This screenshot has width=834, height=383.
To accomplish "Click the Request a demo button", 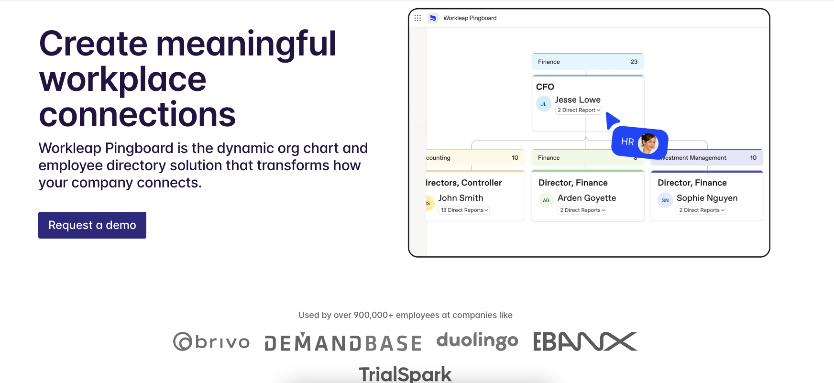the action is [92, 225].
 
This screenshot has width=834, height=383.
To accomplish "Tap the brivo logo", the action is [211, 341].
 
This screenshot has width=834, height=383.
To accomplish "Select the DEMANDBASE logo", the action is [343, 342].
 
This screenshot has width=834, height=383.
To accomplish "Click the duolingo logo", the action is [477, 340].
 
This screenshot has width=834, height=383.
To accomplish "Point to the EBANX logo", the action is [585, 341].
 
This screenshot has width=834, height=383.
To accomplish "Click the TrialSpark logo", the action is [405, 374].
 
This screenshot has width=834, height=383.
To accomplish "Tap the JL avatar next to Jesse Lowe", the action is [544, 104].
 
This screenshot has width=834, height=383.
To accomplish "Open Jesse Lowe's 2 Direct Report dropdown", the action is [579, 110].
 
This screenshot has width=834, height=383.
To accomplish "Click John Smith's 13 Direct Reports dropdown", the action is [464, 210].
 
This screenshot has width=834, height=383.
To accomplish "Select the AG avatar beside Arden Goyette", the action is [546, 200].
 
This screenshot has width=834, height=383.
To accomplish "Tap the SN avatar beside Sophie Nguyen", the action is [665, 200].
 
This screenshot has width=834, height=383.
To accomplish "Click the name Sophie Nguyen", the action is [707, 198].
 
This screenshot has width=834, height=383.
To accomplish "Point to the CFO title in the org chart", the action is [545, 87].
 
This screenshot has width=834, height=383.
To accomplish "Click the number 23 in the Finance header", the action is [634, 62].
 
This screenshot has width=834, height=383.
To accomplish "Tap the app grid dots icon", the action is [417, 18].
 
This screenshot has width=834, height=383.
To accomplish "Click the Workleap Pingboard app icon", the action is [433, 18].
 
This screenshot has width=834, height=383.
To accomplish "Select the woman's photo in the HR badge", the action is [648, 143].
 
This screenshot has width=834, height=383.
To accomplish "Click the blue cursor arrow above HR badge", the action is [612, 120].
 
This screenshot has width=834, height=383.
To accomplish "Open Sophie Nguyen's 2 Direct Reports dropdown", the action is [702, 210].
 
